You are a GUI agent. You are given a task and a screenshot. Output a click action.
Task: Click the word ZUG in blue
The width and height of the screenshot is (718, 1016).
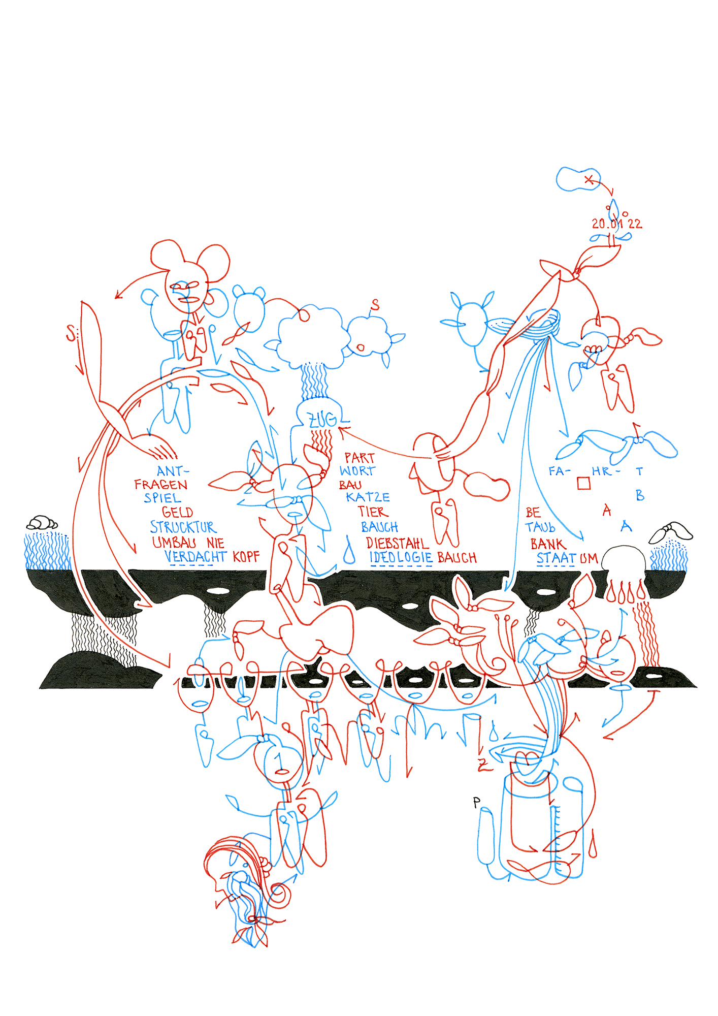tap(322, 420)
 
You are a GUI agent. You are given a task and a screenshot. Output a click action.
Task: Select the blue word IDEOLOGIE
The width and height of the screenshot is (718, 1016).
tap(401, 557)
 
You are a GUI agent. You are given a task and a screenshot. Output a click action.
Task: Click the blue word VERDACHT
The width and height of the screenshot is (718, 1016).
tap(195, 557)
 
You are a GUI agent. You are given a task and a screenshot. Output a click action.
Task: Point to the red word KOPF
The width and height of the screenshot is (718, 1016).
tap(246, 557)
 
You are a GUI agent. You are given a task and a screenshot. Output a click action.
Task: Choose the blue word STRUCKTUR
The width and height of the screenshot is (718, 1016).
tap(183, 527)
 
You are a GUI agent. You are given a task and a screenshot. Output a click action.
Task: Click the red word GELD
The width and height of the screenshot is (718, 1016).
tap(177, 512)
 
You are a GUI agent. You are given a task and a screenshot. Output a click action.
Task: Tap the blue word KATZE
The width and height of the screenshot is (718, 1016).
tap(368, 497)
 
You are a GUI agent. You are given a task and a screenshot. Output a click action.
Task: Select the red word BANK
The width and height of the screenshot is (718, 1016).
tap(548, 544)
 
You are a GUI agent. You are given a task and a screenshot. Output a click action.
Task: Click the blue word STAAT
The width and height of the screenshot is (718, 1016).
tap(557, 558)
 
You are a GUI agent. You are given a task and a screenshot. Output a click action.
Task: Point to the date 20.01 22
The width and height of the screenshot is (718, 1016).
tap(616, 224)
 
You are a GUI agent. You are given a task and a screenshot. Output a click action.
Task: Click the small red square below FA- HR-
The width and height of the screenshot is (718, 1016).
tap(584, 483)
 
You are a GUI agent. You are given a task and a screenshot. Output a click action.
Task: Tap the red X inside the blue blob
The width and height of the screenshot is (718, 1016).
tap(589, 179)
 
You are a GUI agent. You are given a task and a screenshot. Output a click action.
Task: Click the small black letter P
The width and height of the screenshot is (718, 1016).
tap(476, 802)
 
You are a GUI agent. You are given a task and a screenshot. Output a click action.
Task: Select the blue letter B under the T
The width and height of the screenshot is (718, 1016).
tap(640, 495)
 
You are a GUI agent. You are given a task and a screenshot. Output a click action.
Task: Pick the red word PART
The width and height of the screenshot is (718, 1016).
tap(360, 458)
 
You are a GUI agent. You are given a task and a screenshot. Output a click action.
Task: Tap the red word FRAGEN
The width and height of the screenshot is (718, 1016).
tap(161, 485)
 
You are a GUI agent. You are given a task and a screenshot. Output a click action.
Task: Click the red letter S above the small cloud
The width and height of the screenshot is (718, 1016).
tap(375, 305)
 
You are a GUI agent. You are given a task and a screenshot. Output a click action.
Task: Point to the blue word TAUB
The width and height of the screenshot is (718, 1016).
tap(540, 528)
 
